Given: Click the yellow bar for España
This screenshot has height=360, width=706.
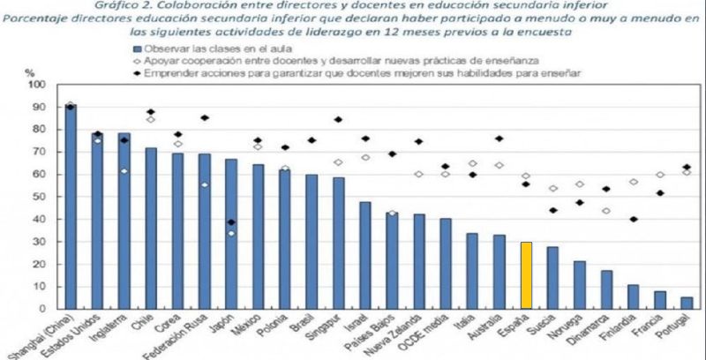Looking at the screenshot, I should coord(526,275).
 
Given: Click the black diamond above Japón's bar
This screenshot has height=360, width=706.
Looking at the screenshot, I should coord(231,222).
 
